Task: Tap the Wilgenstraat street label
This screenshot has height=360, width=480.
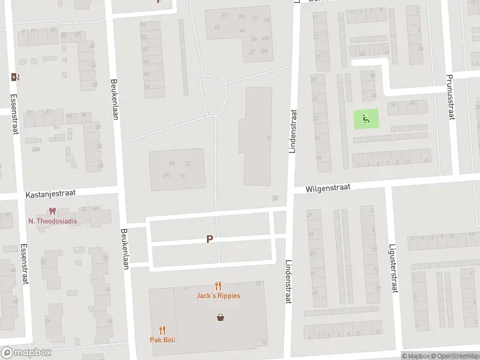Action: click(x=327, y=188)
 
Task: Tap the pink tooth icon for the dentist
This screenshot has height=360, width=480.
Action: click(x=53, y=211)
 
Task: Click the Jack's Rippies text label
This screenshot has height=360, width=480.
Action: click(x=218, y=296)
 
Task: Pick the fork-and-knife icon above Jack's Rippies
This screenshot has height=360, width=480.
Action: click(x=218, y=286)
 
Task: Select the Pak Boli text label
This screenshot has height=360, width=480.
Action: click(x=162, y=340)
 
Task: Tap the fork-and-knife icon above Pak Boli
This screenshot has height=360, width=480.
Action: click(x=162, y=330)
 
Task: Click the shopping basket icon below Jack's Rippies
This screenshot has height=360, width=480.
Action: click(x=221, y=317)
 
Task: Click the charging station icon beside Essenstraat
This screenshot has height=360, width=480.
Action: click(x=15, y=77)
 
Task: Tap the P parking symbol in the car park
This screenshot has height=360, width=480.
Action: click(x=209, y=239)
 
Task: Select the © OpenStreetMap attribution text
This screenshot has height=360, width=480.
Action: click(x=454, y=356)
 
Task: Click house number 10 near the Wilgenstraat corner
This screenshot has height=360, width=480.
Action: click(x=275, y=198)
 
